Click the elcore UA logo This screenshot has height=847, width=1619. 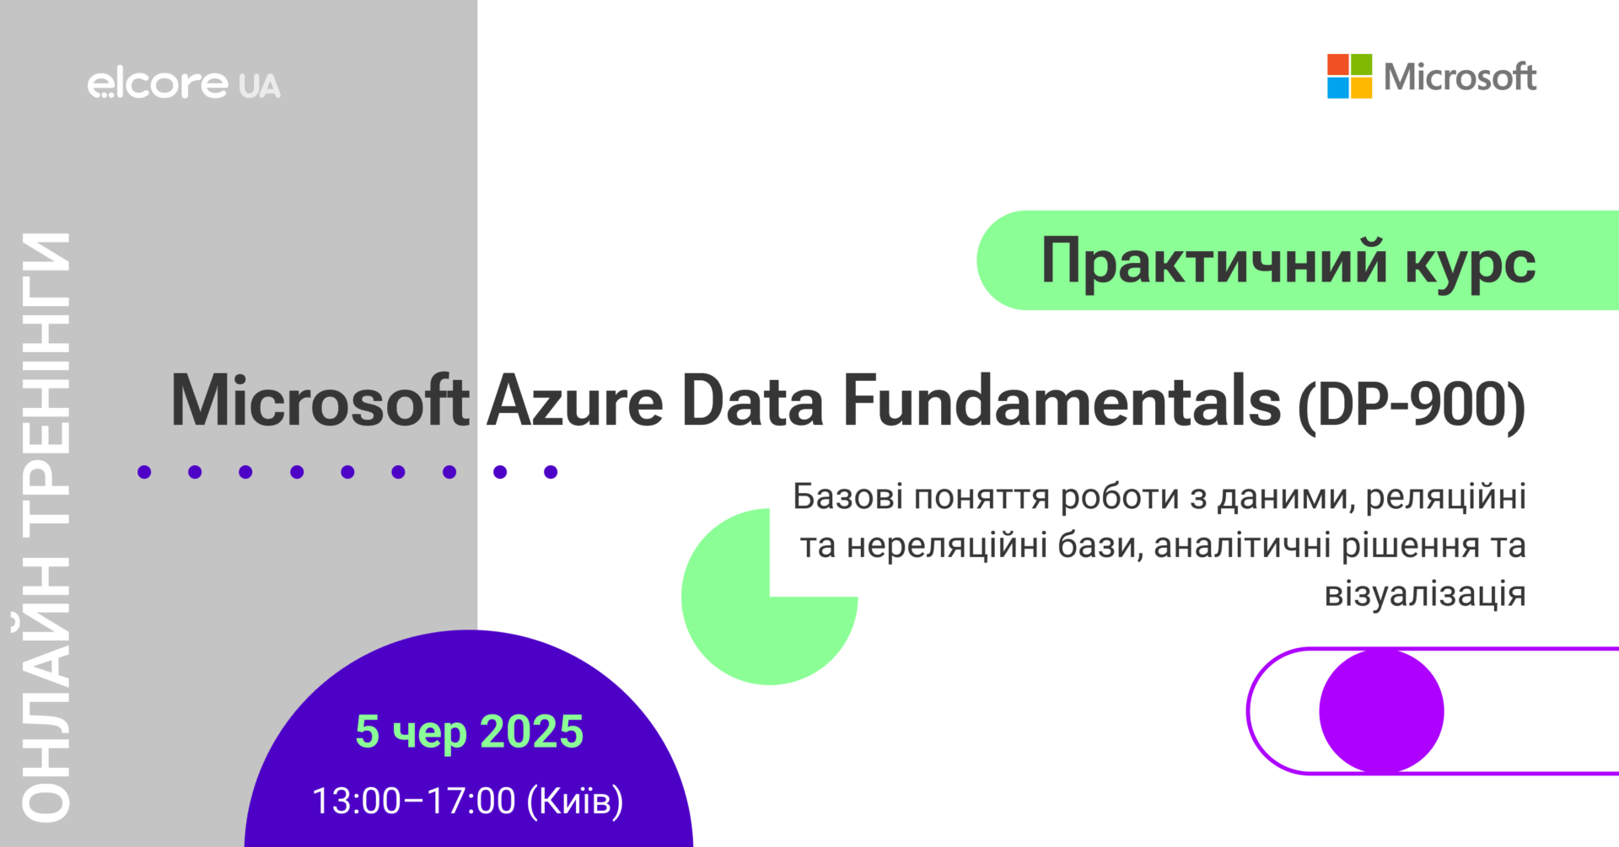tap(184, 84)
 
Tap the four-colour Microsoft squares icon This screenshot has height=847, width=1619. tap(1349, 77)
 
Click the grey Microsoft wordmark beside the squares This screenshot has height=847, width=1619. tap(1460, 77)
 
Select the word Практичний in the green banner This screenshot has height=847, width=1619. tap(1214, 261)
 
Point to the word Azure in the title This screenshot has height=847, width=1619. tap(575, 401)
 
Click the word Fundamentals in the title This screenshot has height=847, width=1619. tap(1062, 401)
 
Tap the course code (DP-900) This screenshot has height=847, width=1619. tap(1412, 405)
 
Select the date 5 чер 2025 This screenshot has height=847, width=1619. tap(470, 732)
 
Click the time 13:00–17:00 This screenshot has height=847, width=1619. tap(414, 801)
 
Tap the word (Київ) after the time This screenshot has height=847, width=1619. tap(575, 801)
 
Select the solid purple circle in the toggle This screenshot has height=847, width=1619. tap(1381, 711)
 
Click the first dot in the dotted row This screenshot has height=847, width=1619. tap(144, 472)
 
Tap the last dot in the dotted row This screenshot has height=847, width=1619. tap(551, 472)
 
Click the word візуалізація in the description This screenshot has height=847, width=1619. tap(1425, 594)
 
